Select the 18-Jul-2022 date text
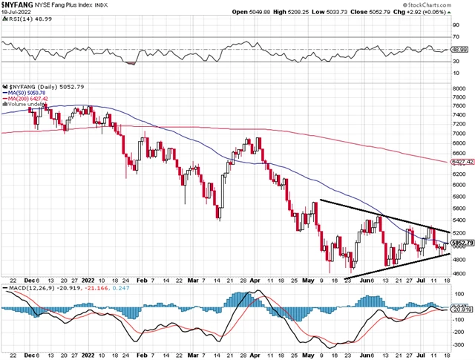point(17,13)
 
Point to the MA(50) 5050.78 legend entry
point(29,91)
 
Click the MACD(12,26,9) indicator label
point(35,287)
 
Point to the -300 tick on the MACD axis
point(458,344)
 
